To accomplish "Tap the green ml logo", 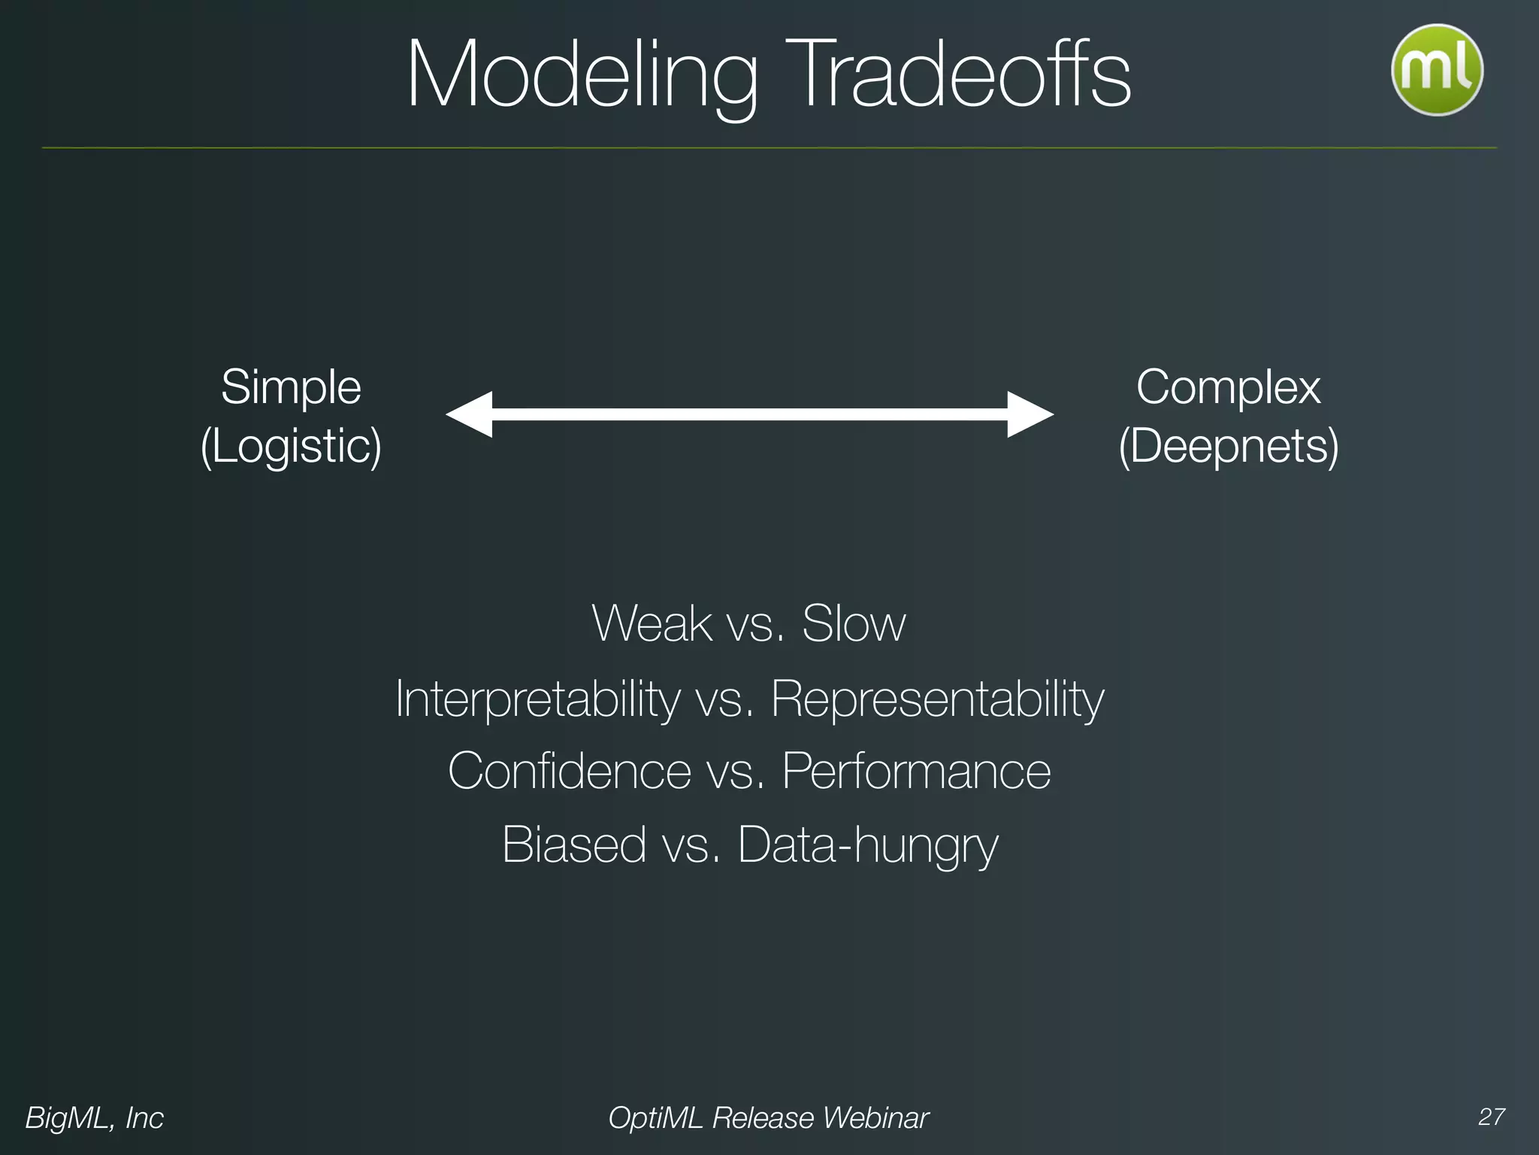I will tap(1437, 70).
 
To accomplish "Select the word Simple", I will tap(291, 388).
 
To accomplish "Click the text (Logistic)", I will tap(291, 446).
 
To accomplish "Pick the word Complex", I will tap(1228, 388).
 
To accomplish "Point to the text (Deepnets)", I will tap(1228, 446).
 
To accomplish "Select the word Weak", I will tap(652, 623).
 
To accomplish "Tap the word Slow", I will tap(854, 623).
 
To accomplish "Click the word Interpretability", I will tap(537, 699).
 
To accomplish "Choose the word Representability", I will tap(937, 699).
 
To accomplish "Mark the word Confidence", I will tap(569, 772).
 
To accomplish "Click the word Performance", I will tap(916, 772).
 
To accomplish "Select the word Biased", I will tap(574, 844).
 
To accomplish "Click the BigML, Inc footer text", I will tap(94, 1118).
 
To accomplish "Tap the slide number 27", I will tap(1491, 1117).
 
